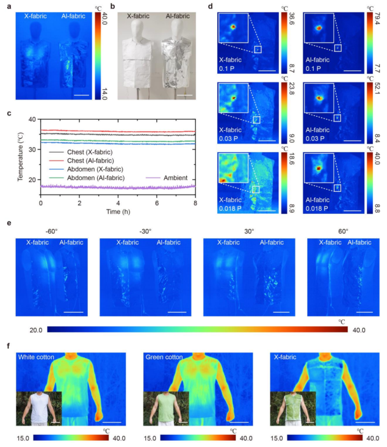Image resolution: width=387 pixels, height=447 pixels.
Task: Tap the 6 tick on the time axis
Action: pyautogui.click(x=156, y=203)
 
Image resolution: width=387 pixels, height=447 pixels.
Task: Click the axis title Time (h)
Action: pyautogui.click(x=117, y=211)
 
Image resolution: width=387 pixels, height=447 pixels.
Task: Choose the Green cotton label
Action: pyautogui.click(x=164, y=357)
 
